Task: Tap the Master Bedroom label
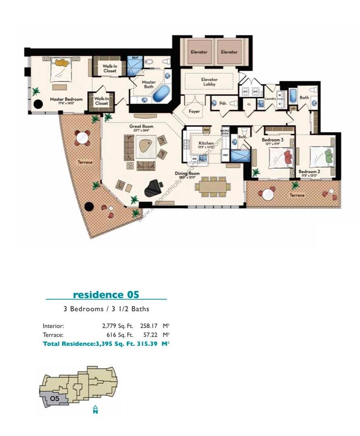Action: point(66,99)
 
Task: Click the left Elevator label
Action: point(199,52)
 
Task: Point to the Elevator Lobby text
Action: point(209,82)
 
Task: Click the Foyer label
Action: point(194,111)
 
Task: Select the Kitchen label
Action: point(206,144)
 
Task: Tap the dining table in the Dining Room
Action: point(213,186)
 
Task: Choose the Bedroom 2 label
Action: point(309,172)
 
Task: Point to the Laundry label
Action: point(270,99)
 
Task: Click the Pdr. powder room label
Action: point(222,103)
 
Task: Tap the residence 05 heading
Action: point(106,294)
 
